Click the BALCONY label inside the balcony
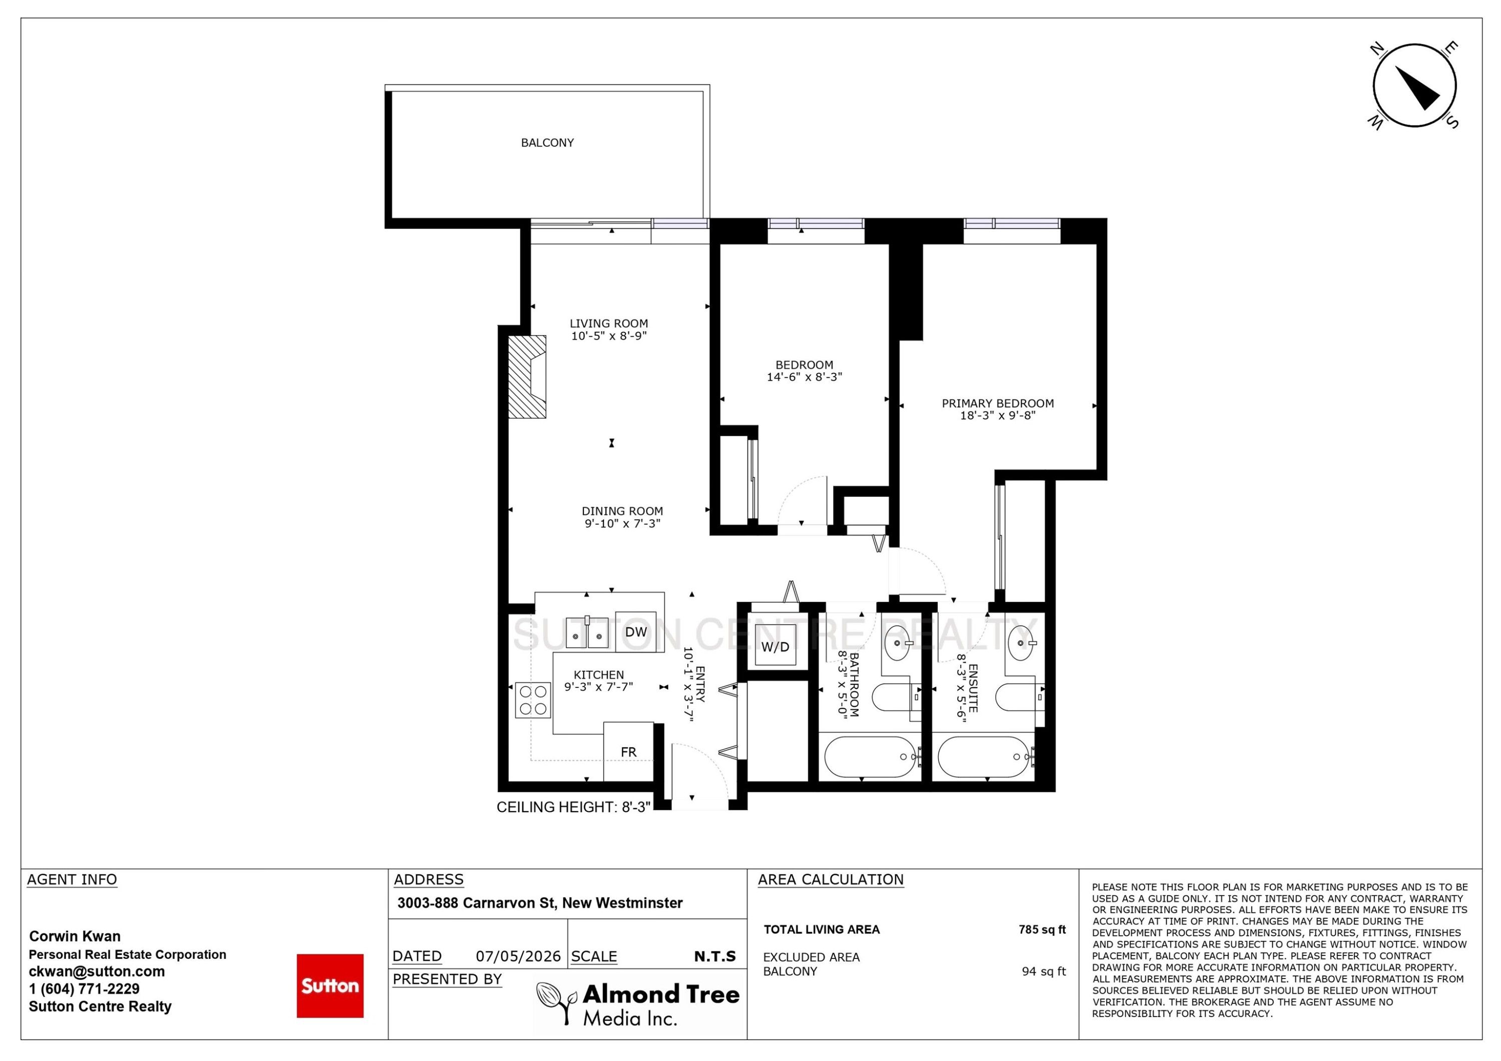pyautogui.click(x=547, y=143)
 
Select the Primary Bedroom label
pyautogui.click(x=998, y=403)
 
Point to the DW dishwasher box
pyautogui.click(x=635, y=631)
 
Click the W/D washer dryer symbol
pyautogui.click(x=776, y=645)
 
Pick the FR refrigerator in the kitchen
pyautogui.click(x=628, y=751)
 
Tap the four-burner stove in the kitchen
pyautogui.click(x=533, y=700)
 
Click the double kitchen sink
pyautogui.click(x=586, y=632)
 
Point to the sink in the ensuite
pyautogui.click(x=1021, y=643)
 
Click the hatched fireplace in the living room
pyautogui.click(x=527, y=377)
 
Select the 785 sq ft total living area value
pyautogui.click(x=1042, y=929)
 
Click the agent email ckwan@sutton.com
pyautogui.click(x=97, y=971)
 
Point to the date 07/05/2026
pyautogui.click(x=518, y=956)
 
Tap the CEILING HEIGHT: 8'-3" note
pyautogui.click(x=573, y=807)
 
